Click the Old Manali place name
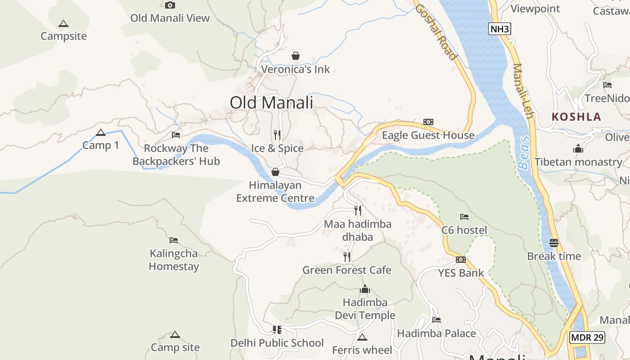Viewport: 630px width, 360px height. (271, 103)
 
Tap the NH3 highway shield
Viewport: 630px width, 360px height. (500, 29)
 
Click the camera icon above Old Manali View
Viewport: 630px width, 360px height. (170, 5)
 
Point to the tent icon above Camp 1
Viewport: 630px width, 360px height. (101, 132)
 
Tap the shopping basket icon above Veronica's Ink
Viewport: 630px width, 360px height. (296, 56)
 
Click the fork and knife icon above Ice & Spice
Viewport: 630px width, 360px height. (277, 135)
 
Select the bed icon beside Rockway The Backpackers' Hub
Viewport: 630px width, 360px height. (176, 135)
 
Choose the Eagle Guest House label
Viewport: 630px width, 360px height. (428, 135)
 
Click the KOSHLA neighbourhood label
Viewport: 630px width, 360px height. (576, 117)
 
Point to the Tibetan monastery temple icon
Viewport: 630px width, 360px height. (578, 148)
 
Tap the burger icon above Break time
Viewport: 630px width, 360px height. (554, 243)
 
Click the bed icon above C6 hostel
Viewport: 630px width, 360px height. (464, 217)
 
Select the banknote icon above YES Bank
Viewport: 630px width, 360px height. (461, 260)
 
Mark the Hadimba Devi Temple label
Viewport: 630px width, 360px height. (365, 309)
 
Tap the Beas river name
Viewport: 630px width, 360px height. (524, 153)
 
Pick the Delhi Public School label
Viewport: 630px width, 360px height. (277, 343)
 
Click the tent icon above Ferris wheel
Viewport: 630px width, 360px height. (362, 337)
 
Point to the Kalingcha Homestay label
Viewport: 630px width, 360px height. (174, 260)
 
